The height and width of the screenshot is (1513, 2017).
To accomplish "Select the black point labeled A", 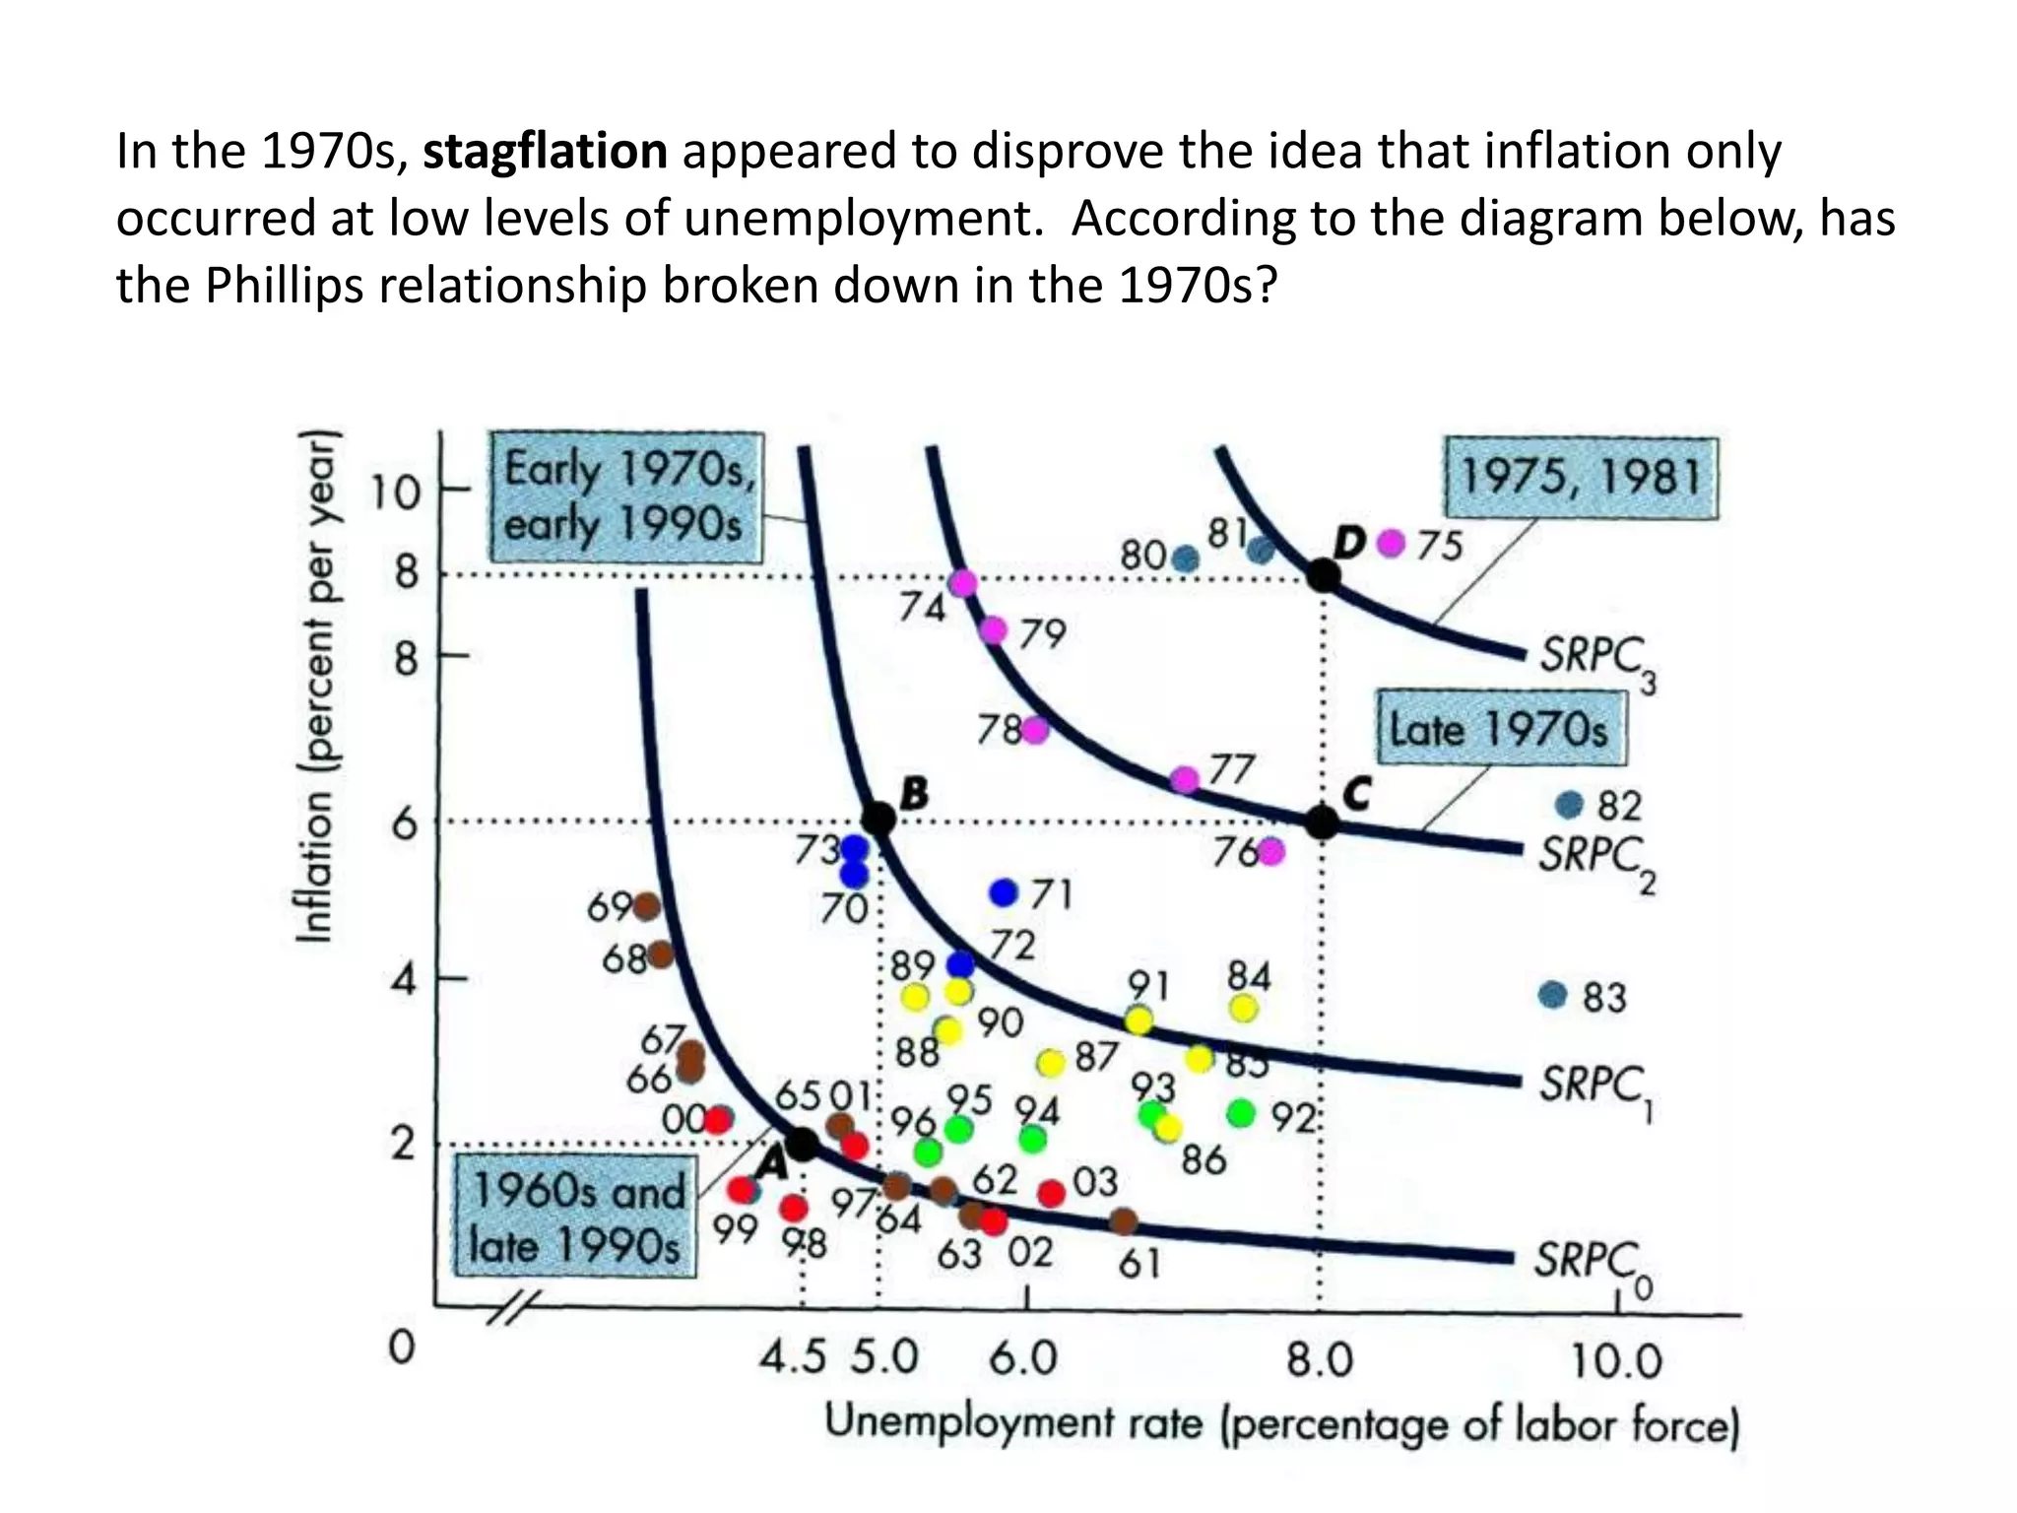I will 803,1144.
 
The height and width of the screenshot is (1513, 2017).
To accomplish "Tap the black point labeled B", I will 878,818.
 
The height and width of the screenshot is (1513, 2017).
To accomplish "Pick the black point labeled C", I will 1322,822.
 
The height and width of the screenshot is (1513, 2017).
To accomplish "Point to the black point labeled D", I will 1323,574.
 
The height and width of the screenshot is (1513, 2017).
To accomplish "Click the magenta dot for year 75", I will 1391,543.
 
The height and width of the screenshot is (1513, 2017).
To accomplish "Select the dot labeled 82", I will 1568,805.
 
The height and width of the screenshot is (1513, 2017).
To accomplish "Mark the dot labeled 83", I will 1552,995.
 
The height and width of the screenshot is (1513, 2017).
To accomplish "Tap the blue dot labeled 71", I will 1003,892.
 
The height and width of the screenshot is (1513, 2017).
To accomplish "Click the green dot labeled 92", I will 1241,1113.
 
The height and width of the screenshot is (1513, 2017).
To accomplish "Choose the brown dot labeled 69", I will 646,905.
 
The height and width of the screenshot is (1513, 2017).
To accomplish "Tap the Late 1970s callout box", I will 1499,729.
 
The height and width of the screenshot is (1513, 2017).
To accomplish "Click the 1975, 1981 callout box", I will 1580,479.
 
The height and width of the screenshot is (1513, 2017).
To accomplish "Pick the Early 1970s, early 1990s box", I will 625,497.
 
